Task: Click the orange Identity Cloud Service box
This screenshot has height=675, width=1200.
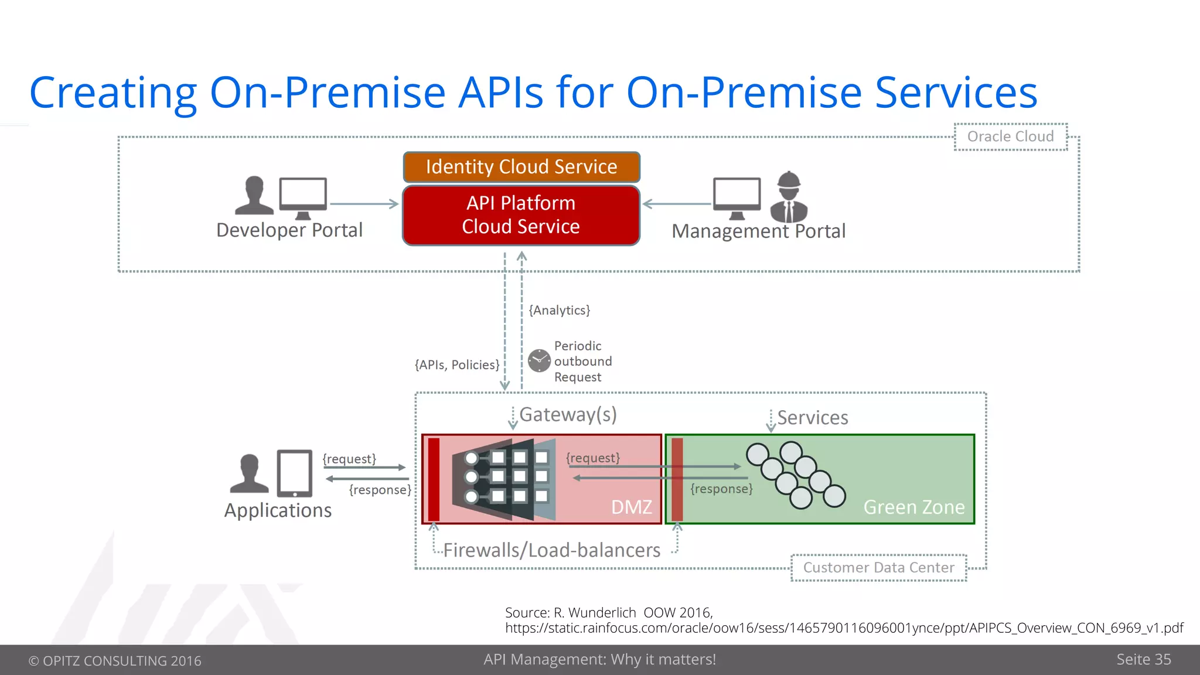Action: [x=521, y=167]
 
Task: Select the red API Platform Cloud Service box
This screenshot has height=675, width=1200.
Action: [x=521, y=215]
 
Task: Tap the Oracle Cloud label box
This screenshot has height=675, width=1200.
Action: [x=1010, y=137]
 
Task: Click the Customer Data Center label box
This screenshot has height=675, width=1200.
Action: [x=878, y=567]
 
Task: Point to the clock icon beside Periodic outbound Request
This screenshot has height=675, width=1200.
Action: [x=539, y=361]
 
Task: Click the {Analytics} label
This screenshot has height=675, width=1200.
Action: [x=559, y=310]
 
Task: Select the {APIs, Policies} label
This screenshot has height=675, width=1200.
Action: [x=457, y=364]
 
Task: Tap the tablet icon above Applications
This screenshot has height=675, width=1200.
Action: [x=294, y=473]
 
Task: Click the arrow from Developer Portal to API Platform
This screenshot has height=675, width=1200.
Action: [x=363, y=204]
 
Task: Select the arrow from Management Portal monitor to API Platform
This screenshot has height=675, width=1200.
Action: [x=677, y=204]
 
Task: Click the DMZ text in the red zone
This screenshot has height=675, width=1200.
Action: [x=631, y=507]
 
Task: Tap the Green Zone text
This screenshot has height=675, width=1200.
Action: [x=913, y=507]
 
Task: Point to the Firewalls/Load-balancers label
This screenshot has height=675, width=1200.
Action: [x=551, y=550]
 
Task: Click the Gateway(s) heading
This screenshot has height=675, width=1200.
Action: [x=568, y=414]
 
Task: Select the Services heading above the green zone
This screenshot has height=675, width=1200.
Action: [x=812, y=418]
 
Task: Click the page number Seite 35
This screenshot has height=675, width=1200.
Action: [x=1143, y=659]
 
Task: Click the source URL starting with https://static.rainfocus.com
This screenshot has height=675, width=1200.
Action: [x=844, y=628]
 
